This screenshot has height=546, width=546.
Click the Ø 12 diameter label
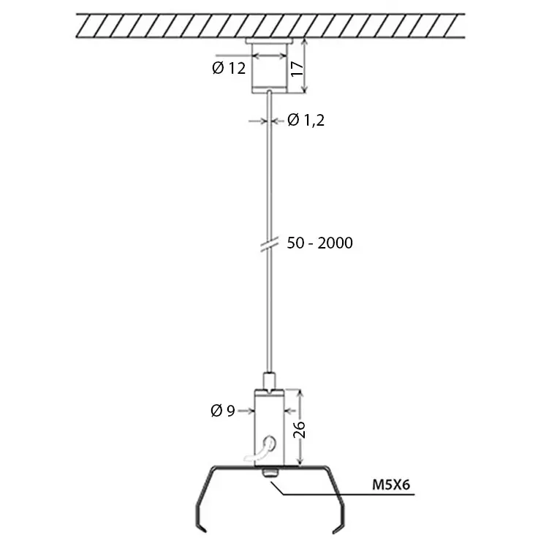point(229,68)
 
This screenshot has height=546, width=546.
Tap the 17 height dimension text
point(297,69)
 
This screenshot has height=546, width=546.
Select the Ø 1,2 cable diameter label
point(306,120)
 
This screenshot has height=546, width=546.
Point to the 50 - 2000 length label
point(319,243)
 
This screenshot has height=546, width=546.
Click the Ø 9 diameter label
point(223,411)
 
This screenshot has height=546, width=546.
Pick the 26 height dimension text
point(299,430)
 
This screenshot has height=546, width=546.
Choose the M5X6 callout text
point(391,485)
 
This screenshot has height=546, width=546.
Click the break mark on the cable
point(270,243)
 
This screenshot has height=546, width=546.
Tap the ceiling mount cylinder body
point(270,69)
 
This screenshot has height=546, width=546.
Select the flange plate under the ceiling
point(270,41)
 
